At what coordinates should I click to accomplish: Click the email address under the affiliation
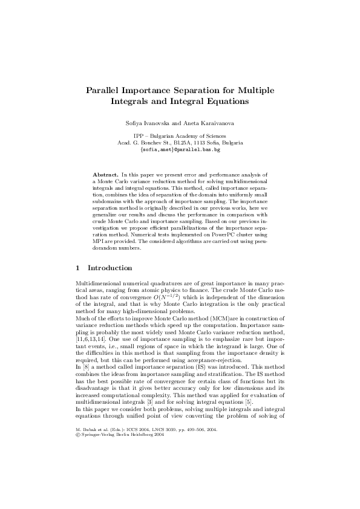pos(180,149)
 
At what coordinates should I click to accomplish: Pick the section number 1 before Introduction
pos(76,267)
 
